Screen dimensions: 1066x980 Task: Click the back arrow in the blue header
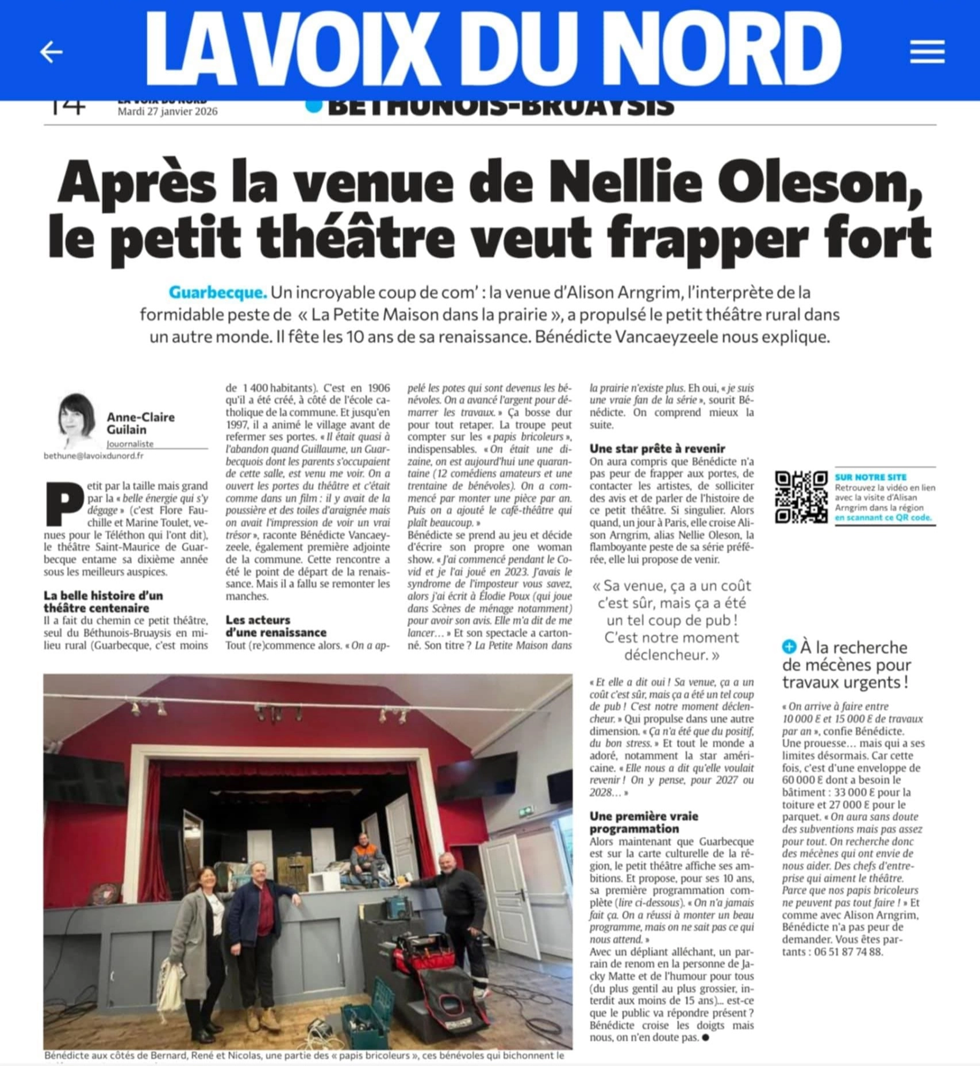51,52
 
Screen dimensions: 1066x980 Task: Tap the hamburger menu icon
927,52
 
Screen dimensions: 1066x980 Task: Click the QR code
801,497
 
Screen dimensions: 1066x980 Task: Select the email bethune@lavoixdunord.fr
94,455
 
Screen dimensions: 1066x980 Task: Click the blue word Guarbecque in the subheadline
218,292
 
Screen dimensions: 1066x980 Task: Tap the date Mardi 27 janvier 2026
167,111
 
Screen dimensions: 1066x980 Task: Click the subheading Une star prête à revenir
657,449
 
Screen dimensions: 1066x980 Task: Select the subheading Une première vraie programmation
644,822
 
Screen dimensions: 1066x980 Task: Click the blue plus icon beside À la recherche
789,647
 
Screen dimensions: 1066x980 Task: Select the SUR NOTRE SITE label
870,477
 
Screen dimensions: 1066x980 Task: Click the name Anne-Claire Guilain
140,423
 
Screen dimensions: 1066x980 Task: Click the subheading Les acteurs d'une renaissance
275,625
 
